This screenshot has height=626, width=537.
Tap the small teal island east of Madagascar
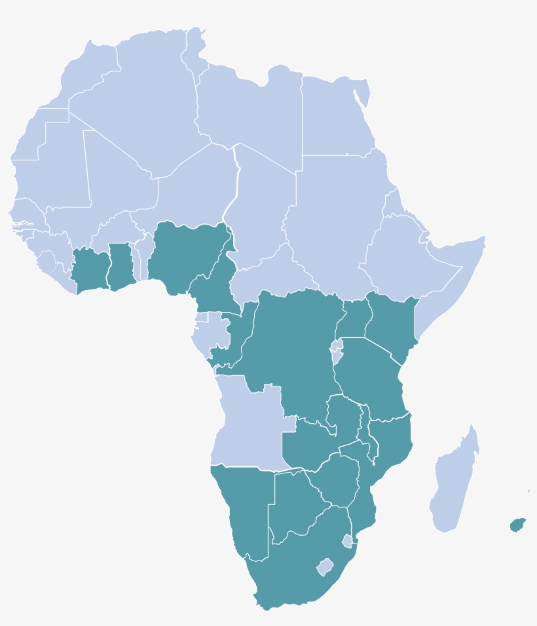pyautogui.click(x=517, y=525)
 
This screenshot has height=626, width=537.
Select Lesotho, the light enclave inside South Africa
pyautogui.click(x=325, y=566)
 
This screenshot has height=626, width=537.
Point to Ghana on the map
pyautogui.click(x=120, y=265)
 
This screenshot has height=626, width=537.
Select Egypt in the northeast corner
pyautogui.click(x=334, y=118)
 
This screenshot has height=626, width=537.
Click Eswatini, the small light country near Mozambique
pyautogui.click(x=348, y=541)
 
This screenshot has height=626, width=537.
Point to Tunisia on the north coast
pyautogui.click(x=193, y=56)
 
